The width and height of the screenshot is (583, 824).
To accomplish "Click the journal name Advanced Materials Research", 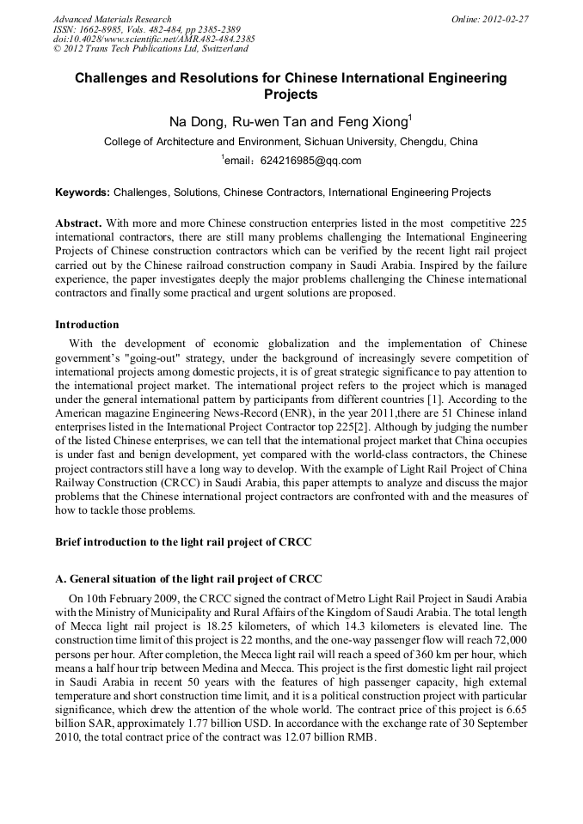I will tap(112, 19).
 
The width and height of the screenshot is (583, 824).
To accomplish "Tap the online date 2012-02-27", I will tap(506, 19).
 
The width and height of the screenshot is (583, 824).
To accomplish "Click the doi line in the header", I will tap(154, 39).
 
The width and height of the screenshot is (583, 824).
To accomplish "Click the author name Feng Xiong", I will tap(375, 122).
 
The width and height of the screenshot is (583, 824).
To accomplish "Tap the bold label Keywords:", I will tap(83, 192).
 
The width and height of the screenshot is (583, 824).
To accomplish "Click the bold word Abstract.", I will tap(78, 223).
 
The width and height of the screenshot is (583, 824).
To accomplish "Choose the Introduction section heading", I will tap(87, 325).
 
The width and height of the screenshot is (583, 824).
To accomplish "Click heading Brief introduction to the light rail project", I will tap(183, 542).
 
